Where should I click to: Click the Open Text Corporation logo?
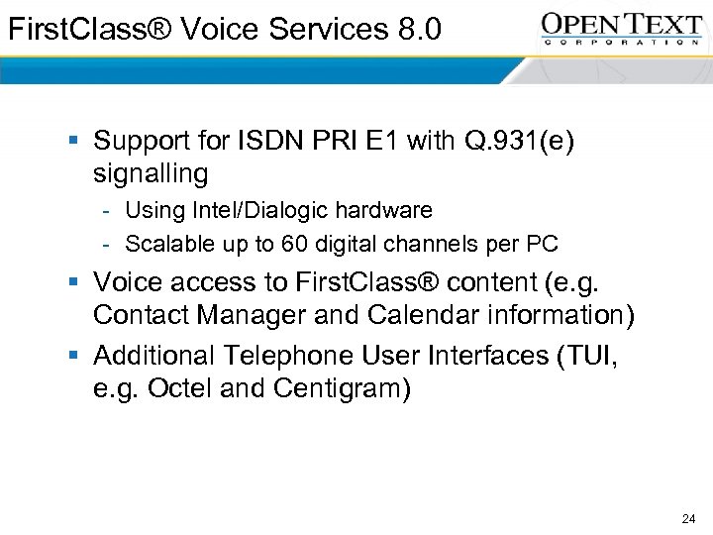[x=621, y=28]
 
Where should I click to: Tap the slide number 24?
[x=689, y=518]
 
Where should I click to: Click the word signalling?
[x=151, y=174]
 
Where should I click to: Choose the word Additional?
[x=153, y=355]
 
